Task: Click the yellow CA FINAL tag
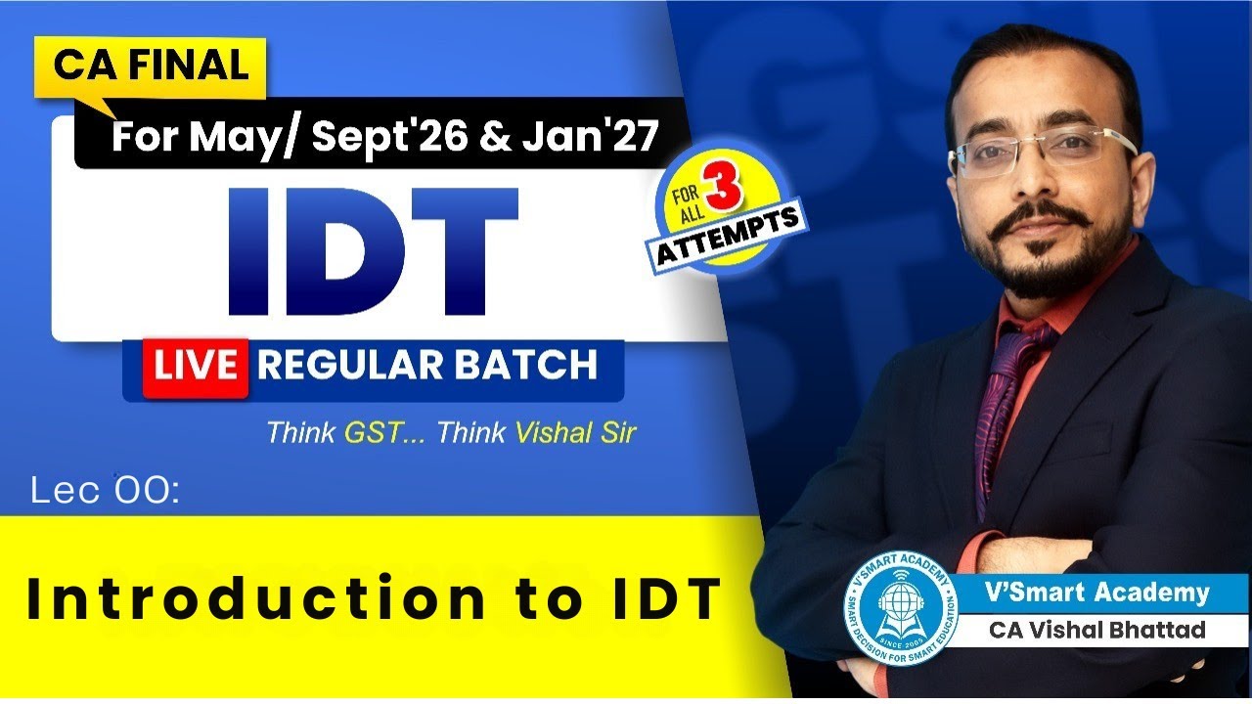[x=151, y=66]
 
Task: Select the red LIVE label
[x=194, y=366]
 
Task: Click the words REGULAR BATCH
[x=426, y=366]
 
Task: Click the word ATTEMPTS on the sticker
[x=730, y=235]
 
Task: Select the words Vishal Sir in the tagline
[x=571, y=433]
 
